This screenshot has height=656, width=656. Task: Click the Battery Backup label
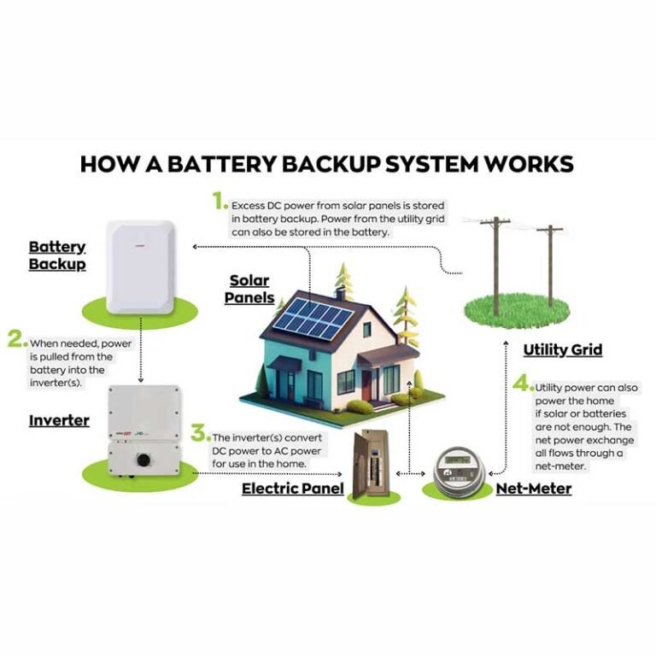pos(57,255)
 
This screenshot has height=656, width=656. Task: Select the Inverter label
pos(59,420)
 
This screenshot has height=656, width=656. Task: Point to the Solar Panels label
pos(250,290)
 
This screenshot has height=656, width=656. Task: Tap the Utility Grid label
pos(562,349)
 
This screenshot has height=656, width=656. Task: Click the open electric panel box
pos(373,466)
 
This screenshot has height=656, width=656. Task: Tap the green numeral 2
pos(15,339)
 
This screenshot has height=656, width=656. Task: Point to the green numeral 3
pos(198,432)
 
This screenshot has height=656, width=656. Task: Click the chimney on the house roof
pos(341,294)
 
